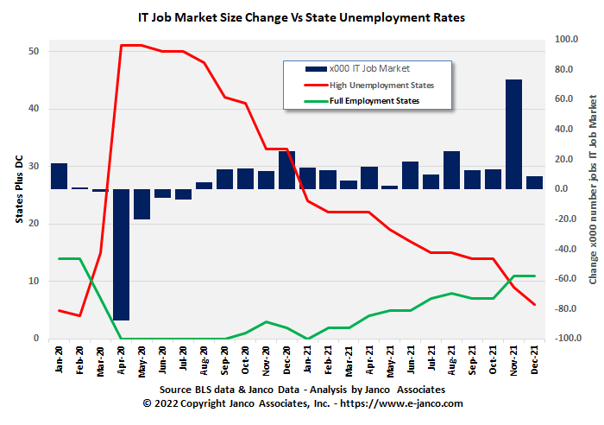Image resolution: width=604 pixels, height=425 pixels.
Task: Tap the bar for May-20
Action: tap(142, 204)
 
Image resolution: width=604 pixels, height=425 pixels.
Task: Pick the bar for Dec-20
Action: tap(286, 170)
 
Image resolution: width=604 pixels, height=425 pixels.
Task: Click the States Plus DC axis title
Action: tap(19, 188)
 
